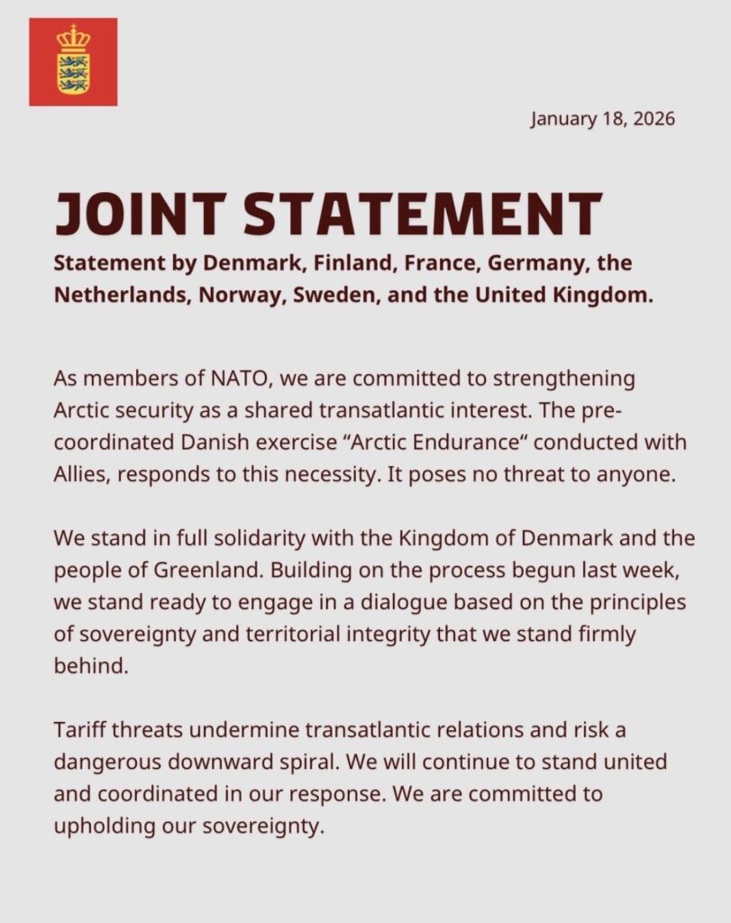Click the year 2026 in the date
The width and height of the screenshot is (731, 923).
(652, 118)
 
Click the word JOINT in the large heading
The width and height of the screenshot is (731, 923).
(138, 214)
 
